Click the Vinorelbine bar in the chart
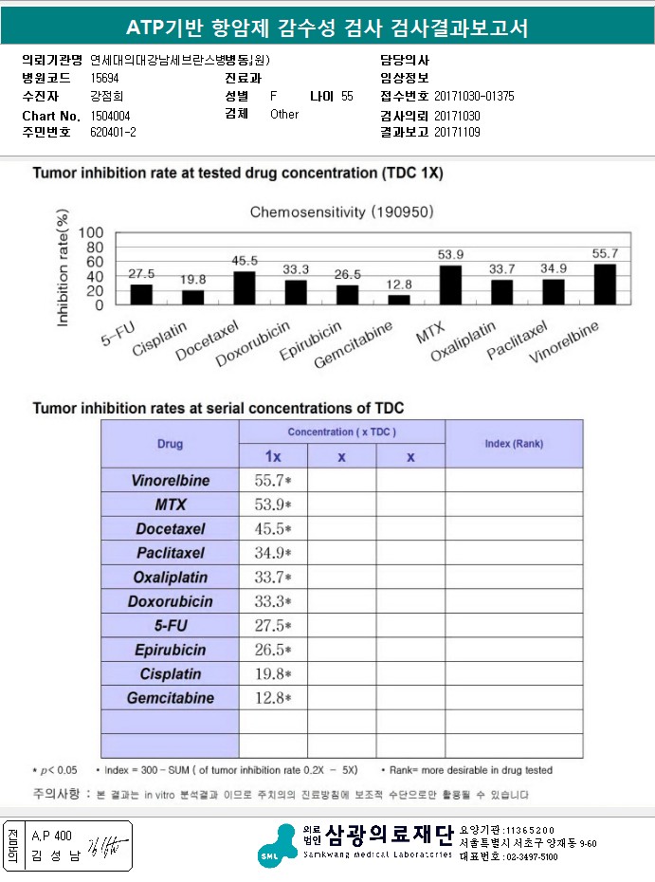point(604,285)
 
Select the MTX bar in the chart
point(449,285)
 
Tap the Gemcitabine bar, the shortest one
point(399,300)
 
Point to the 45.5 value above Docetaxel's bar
point(245,261)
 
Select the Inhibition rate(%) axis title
point(64,270)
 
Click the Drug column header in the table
point(170,443)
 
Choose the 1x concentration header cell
point(272,456)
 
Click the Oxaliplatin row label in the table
point(170,577)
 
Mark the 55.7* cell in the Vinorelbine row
point(273,480)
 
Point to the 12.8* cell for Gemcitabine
point(273,698)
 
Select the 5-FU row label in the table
point(170,625)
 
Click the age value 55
point(347,97)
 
